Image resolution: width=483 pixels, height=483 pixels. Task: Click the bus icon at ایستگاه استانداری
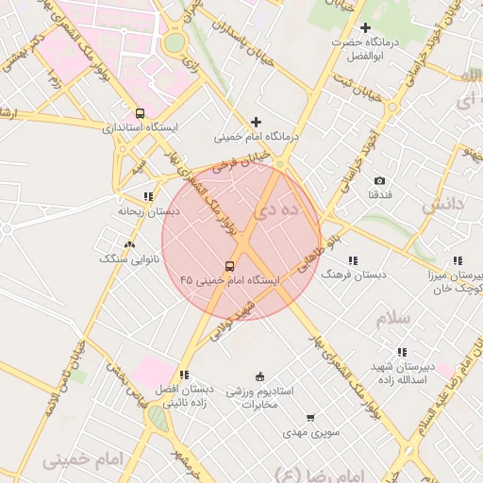pyautogui.click(x=141, y=113)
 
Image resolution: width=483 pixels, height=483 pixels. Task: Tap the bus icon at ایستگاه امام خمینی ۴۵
pyautogui.click(x=230, y=266)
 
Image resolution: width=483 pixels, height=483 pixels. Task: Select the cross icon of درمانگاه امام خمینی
pyautogui.click(x=256, y=122)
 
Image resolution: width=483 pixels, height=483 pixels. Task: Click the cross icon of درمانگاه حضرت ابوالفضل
pyautogui.click(x=365, y=28)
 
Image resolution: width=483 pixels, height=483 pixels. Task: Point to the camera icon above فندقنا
pyautogui.click(x=379, y=180)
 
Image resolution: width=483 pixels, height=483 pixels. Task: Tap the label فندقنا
pyautogui.click(x=379, y=194)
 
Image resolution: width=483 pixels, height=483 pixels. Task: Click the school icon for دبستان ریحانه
pyautogui.click(x=147, y=197)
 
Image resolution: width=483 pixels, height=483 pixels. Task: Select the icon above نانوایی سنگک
pyautogui.click(x=129, y=244)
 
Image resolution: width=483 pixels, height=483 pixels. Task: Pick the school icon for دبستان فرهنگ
pyautogui.click(x=353, y=259)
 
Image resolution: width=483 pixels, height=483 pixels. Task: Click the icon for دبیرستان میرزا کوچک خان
pyautogui.click(x=457, y=260)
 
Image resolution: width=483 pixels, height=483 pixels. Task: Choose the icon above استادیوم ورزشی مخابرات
pyautogui.click(x=260, y=376)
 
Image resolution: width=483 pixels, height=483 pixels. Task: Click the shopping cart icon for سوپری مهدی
pyautogui.click(x=310, y=418)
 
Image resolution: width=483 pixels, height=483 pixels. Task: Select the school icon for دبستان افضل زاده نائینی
pyautogui.click(x=183, y=375)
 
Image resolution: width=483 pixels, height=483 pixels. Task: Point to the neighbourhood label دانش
pyautogui.click(x=443, y=203)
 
